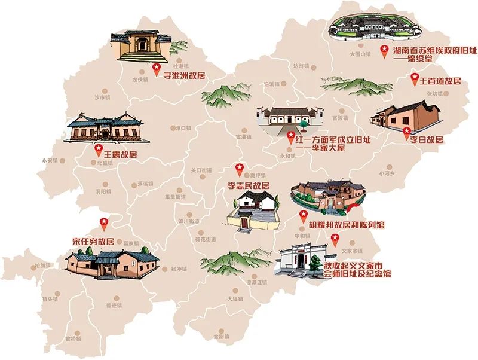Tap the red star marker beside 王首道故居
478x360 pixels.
415,78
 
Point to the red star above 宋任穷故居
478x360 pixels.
103,223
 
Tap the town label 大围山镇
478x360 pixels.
360,54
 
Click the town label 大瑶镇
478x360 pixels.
235,297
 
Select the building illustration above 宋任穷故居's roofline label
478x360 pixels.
112,263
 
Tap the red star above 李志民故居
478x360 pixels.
240,167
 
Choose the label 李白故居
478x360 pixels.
426,139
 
